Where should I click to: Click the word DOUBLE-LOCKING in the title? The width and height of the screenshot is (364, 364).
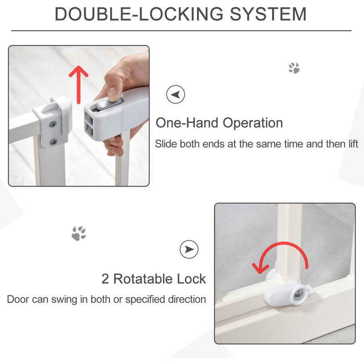[x=139, y=14]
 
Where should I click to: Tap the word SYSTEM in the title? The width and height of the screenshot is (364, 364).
[x=268, y=14]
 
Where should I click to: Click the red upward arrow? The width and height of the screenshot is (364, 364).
[x=78, y=85]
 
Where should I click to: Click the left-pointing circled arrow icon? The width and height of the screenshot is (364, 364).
[x=176, y=95]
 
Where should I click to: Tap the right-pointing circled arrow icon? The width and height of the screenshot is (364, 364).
[x=189, y=249]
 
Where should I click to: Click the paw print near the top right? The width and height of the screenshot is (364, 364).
[x=294, y=68]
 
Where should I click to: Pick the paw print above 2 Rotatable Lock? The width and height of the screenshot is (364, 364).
[x=79, y=233]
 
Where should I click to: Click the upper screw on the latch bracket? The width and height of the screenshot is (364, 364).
[x=53, y=125]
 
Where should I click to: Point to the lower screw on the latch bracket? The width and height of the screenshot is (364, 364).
[x=54, y=142]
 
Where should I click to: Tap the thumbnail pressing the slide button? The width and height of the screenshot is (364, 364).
[x=112, y=94]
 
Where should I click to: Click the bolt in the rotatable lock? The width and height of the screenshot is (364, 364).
[x=299, y=294]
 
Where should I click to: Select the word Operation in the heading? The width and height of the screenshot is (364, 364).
[x=253, y=123]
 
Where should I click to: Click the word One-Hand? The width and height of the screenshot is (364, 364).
[x=187, y=122]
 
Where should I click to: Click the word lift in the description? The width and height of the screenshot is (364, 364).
[x=354, y=144]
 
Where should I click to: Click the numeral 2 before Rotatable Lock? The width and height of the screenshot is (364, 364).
[x=105, y=279]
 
